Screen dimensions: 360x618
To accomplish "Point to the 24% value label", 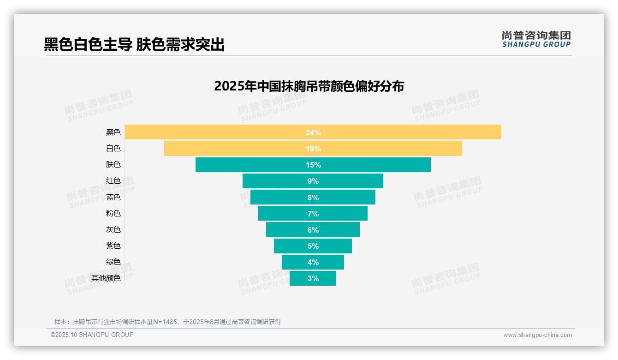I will (313, 132).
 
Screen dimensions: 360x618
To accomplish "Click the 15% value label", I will (313, 165).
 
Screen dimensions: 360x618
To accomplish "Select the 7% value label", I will (313, 214).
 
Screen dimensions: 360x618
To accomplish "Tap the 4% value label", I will (313, 262).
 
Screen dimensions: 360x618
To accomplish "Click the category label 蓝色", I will (113, 197).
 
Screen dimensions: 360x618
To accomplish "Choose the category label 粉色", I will (113, 213).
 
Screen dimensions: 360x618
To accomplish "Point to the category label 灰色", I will (113, 229).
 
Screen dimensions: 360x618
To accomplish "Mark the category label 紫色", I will (113, 246).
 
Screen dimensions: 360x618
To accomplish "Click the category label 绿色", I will (113, 262).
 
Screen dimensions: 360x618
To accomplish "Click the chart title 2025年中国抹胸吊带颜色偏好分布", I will (309, 86).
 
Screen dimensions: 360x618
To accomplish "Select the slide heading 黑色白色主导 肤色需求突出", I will (134, 44).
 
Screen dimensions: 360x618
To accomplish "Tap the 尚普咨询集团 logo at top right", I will (536, 39).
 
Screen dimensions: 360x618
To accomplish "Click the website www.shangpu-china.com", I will (537, 335).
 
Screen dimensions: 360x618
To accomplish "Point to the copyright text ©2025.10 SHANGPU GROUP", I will (92, 335).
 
